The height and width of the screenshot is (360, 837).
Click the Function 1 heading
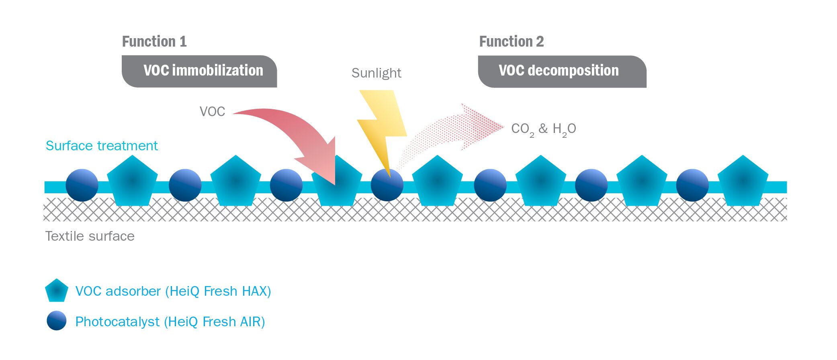[x=154, y=41]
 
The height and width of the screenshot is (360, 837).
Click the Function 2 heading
[x=511, y=41]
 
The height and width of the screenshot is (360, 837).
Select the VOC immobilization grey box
[x=199, y=71]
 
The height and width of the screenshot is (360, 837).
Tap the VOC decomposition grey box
[x=562, y=71]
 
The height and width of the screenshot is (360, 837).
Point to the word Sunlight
[x=376, y=73]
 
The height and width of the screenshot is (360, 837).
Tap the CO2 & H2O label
[x=543, y=129]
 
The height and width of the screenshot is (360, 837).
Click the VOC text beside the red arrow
[x=212, y=111]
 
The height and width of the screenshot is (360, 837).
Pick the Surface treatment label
[x=102, y=145]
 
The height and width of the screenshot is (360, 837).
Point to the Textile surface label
[x=90, y=236]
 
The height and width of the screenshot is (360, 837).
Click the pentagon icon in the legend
[x=56, y=290]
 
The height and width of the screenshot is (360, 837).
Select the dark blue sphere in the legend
[x=56, y=321]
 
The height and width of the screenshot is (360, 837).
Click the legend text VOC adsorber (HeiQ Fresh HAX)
[x=173, y=291]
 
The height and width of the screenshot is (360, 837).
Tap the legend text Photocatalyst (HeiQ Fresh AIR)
[x=170, y=321]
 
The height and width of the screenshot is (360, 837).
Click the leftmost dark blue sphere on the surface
[x=82, y=185]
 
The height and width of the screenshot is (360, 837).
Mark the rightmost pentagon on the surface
[x=743, y=182]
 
